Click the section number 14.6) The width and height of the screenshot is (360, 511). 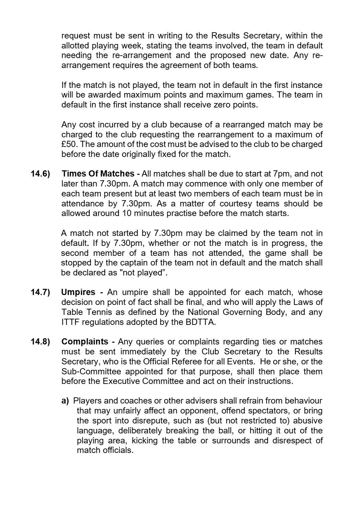click(40, 174)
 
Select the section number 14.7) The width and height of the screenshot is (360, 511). click(40, 292)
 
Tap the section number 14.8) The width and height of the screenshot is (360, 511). click(40, 342)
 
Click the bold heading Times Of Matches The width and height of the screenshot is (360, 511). click(98, 174)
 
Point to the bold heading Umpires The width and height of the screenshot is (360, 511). click(78, 292)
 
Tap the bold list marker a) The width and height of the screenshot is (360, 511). click(65, 401)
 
